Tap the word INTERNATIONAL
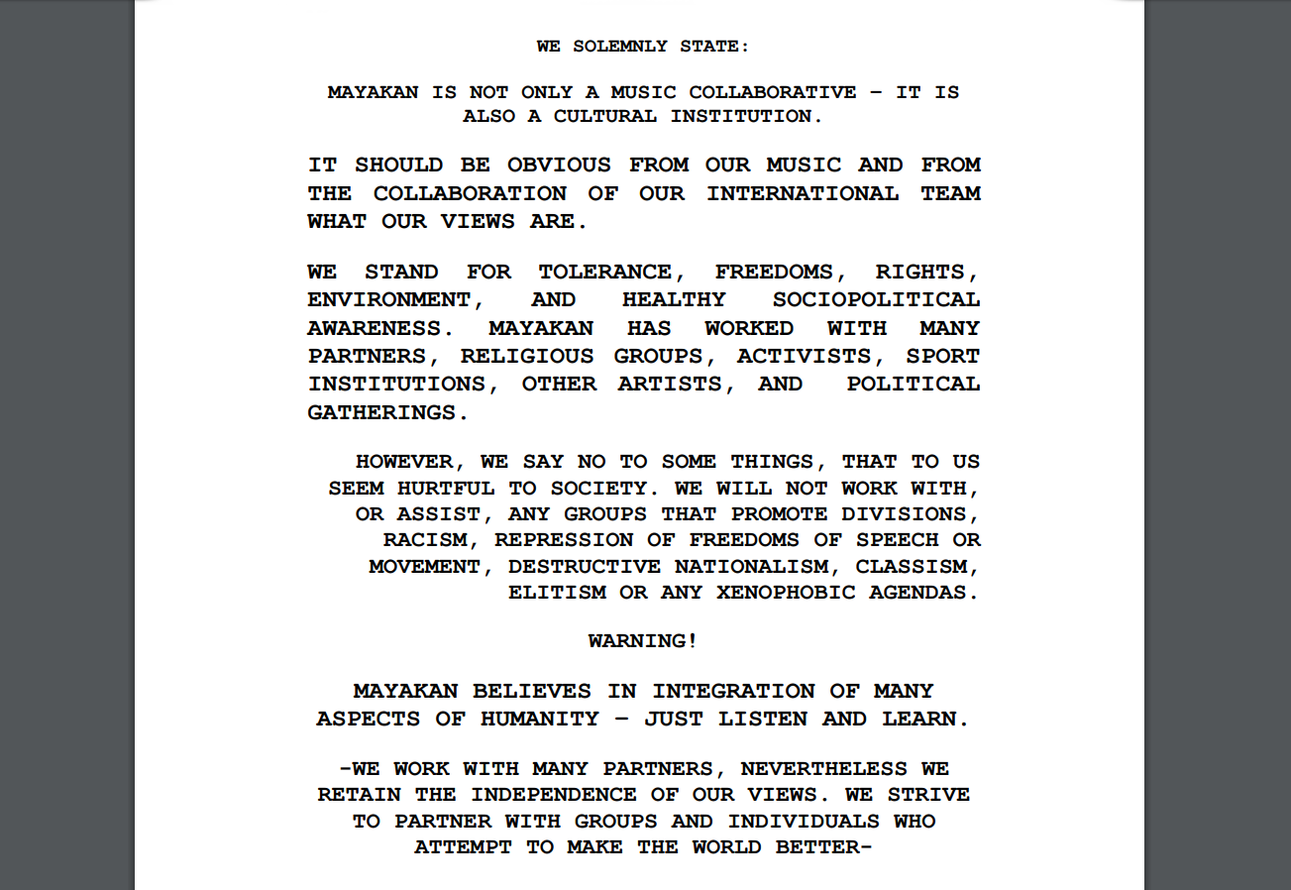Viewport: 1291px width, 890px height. click(x=803, y=193)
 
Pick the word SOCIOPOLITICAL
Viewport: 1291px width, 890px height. click(x=876, y=299)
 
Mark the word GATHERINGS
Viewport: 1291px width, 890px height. click(x=387, y=412)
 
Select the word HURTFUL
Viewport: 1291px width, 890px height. click(x=446, y=488)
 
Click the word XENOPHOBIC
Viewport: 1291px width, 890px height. click(x=786, y=593)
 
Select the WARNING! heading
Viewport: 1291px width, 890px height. click(x=643, y=641)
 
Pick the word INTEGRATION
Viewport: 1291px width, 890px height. click(x=734, y=691)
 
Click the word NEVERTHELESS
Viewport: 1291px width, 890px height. click(x=823, y=769)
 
